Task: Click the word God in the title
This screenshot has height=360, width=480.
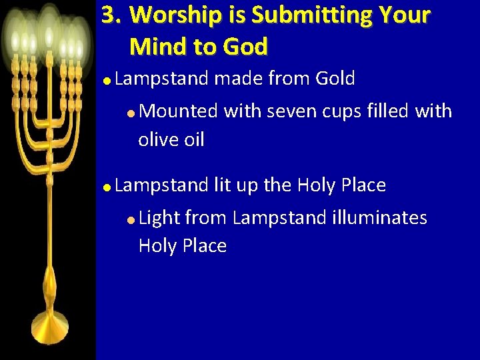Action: point(245,46)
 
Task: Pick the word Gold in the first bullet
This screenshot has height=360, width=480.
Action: point(335,79)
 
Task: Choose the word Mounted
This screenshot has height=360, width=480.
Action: point(179,111)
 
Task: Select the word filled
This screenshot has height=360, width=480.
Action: point(389,111)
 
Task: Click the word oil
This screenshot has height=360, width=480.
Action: point(193,139)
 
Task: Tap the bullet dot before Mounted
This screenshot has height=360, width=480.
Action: point(133,112)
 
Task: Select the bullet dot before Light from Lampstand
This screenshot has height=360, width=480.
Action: point(133,219)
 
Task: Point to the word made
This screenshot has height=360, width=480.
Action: point(238,79)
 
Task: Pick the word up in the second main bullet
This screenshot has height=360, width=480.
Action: point(250,186)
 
